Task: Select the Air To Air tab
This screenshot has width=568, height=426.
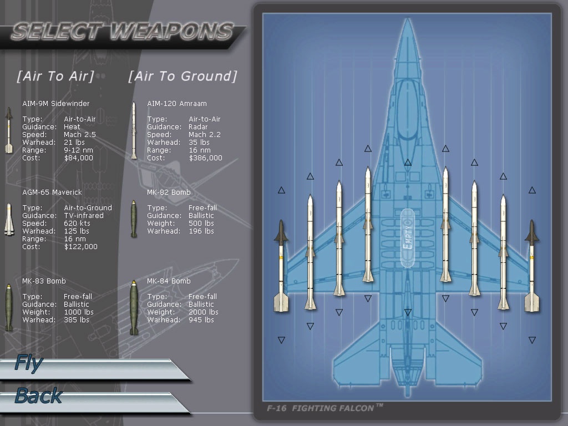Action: [55, 76]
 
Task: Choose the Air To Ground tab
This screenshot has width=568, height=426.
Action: [182, 76]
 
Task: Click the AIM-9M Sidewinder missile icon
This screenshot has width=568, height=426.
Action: [9, 130]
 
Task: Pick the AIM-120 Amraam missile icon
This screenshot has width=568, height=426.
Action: [134, 130]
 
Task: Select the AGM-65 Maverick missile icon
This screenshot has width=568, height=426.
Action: [9, 220]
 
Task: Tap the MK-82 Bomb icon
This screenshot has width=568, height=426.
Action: [134, 219]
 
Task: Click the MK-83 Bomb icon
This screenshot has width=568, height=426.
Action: [9, 307]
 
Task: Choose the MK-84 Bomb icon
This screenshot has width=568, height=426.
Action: [134, 307]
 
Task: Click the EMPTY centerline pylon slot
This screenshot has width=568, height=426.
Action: [408, 237]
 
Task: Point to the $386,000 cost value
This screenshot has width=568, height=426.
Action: [205, 158]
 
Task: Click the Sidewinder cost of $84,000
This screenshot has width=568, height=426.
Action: [79, 158]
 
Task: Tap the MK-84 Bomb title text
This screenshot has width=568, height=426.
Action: [169, 281]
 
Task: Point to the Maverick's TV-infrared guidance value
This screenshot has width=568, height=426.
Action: [84, 216]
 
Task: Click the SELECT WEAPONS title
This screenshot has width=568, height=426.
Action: [123, 32]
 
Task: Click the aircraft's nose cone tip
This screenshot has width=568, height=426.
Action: [408, 18]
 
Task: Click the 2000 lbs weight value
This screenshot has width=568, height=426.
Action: [204, 312]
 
